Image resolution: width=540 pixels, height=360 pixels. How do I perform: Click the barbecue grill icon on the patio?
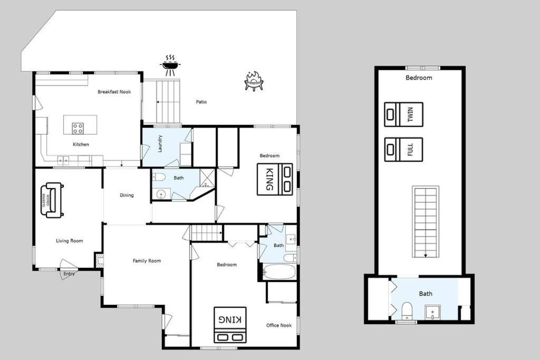(x=170, y=65)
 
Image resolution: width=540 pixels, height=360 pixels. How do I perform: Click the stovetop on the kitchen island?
(x=78, y=129)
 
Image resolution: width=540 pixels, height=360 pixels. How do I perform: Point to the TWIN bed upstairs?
(x=403, y=114)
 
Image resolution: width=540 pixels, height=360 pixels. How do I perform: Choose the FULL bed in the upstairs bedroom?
(x=403, y=149)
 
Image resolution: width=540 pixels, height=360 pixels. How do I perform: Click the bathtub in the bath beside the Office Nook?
(x=279, y=272)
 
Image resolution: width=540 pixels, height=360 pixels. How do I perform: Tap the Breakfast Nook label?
(x=114, y=92)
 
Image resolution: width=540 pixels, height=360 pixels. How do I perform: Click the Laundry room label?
(x=160, y=143)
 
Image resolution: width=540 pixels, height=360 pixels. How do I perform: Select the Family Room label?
(x=147, y=261)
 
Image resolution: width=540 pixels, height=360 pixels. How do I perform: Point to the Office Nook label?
(x=279, y=325)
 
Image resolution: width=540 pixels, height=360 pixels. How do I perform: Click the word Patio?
(x=201, y=102)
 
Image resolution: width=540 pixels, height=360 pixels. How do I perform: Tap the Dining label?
(x=127, y=195)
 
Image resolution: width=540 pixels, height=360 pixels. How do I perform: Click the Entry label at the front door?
(x=69, y=274)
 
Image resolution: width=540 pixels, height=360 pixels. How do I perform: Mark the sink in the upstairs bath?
(x=432, y=312)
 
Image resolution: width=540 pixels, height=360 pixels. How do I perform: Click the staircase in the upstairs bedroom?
(x=426, y=222)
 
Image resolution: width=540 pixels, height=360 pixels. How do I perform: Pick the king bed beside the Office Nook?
(x=230, y=325)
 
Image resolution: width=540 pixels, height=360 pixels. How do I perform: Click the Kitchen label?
(x=81, y=144)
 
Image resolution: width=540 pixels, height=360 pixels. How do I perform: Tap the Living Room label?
(x=70, y=241)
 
